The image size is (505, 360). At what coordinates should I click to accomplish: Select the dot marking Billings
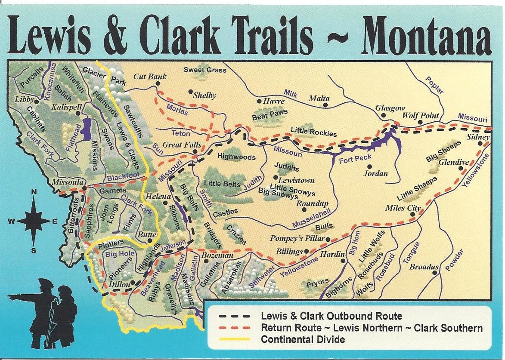pyautogui.click(x=306, y=251)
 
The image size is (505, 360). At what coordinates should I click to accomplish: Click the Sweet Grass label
pyautogui.click(x=204, y=70)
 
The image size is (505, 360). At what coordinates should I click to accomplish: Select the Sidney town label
pyautogui.click(x=478, y=137)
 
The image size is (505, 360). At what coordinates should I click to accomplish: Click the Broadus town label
pyautogui.click(x=423, y=267)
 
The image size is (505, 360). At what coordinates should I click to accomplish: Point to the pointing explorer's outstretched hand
pyautogui.click(x=10, y=297)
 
